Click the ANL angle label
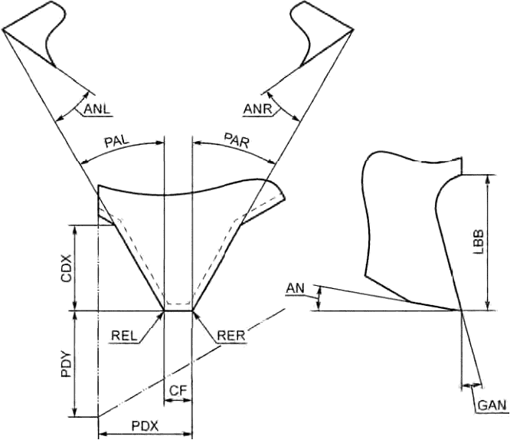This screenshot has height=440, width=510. [97, 109]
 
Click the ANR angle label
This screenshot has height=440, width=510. [257, 109]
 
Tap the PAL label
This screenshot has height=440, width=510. [116, 141]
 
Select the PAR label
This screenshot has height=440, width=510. [237, 140]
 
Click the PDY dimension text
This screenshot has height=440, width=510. [67, 363]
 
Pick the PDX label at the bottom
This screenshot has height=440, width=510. [145, 426]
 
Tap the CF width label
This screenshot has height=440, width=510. [178, 390]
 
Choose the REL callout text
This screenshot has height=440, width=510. [124, 336]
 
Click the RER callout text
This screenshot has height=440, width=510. [231, 336]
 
